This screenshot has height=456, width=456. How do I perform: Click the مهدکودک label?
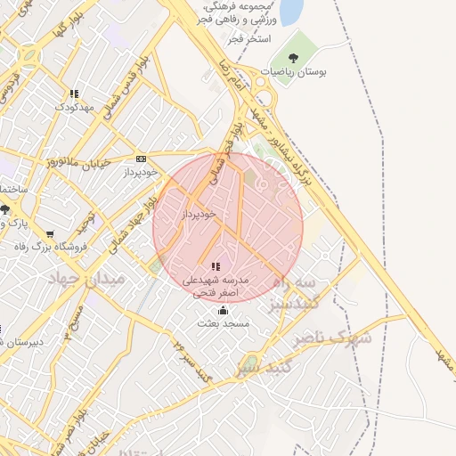[x=73, y=107]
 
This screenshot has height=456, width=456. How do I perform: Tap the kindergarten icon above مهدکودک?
[x=74, y=93]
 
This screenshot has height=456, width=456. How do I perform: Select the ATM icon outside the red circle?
[x=141, y=159]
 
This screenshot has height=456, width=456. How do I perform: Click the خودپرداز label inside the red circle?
[x=199, y=214]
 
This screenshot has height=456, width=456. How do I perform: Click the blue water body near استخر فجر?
[x=290, y=11]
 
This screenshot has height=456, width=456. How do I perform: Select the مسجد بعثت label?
[x=223, y=324]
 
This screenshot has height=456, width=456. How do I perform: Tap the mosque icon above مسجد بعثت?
[x=223, y=311]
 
